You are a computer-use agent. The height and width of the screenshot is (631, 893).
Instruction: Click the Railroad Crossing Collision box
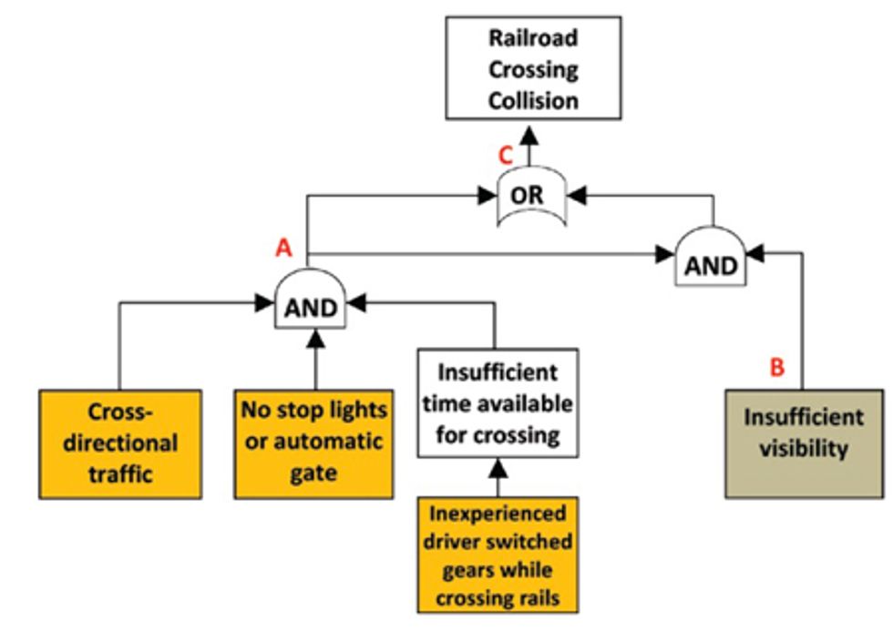533,68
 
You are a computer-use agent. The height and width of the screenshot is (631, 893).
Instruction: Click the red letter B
777,367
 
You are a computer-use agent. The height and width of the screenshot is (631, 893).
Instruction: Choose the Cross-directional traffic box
120,443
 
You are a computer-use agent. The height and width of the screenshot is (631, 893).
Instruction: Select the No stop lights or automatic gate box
314,443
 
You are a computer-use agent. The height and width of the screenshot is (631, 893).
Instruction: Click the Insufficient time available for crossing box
498,403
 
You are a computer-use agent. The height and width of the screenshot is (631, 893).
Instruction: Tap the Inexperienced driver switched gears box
498,555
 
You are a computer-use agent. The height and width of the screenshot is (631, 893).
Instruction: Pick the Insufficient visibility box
804,443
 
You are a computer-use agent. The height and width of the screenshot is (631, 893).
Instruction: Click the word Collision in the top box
533,99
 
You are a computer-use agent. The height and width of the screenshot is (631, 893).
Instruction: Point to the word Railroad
533,38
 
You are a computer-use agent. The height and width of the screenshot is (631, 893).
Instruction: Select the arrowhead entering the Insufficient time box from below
497,466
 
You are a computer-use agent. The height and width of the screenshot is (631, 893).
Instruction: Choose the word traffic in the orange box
120,473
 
